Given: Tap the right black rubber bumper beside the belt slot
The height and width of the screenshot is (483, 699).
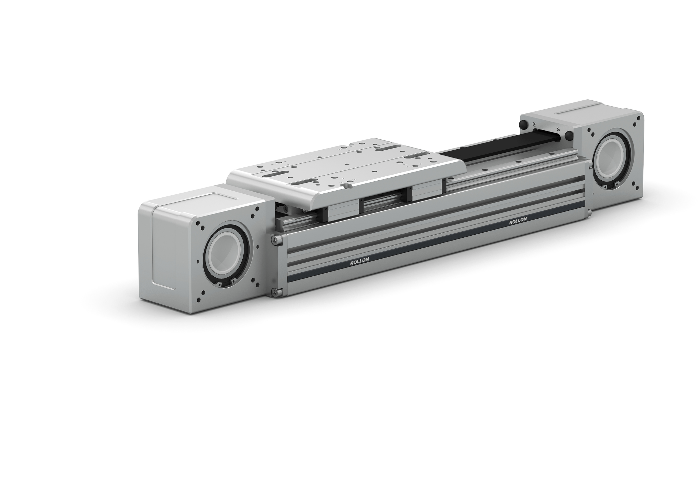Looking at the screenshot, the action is [569, 136].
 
